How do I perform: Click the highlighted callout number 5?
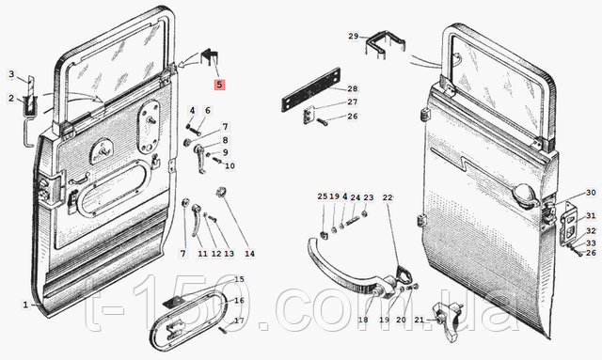click(219, 85)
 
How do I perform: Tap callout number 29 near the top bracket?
click(354, 36)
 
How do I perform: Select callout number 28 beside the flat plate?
click(353, 89)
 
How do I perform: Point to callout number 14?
click(249, 254)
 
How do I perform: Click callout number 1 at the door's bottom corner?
click(25, 305)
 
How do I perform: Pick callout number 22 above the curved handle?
click(388, 197)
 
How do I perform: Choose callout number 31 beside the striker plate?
click(591, 216)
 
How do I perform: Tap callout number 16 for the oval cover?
click(239, 301)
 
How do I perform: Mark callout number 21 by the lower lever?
click(420, 320)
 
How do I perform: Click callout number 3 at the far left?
click(11, 74)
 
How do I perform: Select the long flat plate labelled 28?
click(311, 89)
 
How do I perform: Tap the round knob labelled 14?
click(222, 191)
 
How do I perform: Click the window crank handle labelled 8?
click(200, 158)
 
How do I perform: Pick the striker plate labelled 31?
click(568, 227)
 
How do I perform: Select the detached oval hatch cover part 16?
click(187, 321)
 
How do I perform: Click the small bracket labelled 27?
click(309, 115)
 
